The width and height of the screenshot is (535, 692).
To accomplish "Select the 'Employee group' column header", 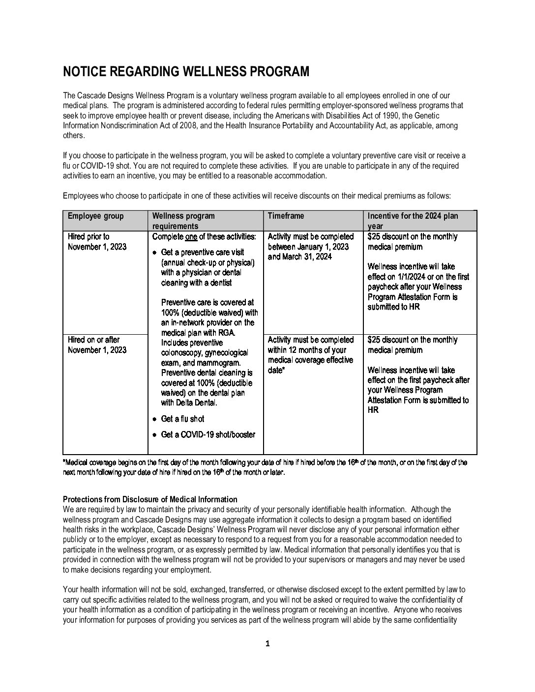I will [96, 216].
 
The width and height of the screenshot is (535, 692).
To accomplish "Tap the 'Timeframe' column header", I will [286, 216].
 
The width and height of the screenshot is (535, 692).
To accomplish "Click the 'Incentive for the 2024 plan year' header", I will [413, 221].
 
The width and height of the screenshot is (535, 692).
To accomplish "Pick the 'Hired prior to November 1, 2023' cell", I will [97, 242].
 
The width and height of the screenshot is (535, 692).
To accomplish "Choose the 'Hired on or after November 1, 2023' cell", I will [97, 345].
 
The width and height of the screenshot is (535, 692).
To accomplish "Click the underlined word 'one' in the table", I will [191, 236].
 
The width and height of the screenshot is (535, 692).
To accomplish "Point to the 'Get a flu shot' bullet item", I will [182, 419].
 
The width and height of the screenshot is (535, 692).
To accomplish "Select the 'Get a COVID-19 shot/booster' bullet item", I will [208, 434].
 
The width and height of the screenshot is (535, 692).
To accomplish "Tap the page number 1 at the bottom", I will [267, 644].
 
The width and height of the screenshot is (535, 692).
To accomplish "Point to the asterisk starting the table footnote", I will [64, 462].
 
